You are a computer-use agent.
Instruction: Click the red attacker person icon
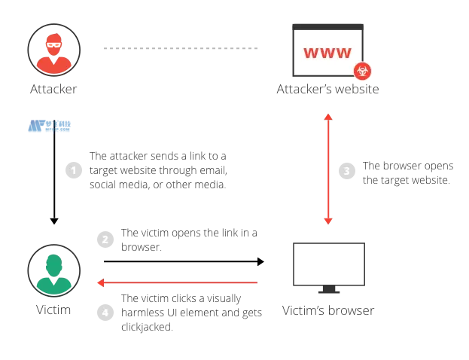click(x=53, y=52)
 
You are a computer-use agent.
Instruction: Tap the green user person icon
click(x=53, y=272)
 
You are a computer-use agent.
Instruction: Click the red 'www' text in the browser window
click(x=327, y=53)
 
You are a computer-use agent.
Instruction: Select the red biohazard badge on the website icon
click(x=362, y=72)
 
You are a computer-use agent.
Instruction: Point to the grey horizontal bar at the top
click(x=180, y=48)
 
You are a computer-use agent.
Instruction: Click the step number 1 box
click(x=72, y=170)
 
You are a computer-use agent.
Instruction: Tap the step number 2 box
click(x=105, y=239)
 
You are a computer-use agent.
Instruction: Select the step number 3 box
click(x=346, y=171)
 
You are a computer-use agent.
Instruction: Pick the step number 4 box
click(x=105, y=312)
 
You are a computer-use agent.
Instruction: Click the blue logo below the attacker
click(x=50, y=127)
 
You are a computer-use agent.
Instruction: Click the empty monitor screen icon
click(x=327, y=265)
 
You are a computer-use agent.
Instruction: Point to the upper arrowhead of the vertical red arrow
click(x=328, y=116)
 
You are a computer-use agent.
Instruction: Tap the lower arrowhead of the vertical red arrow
click(x=328, y=221)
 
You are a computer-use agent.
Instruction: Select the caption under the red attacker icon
click(x=53, y=91)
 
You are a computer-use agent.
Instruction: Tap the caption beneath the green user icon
click(x=53, y=310)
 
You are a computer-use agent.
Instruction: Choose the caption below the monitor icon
click(x=327, y=310)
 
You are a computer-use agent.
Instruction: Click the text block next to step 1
click(x=157, y=171)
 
